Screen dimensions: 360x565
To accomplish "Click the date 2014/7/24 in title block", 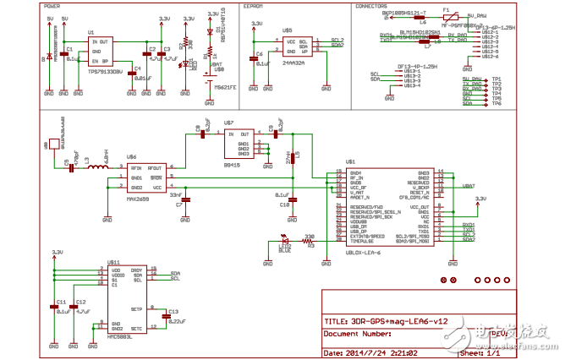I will [x=376, y=353].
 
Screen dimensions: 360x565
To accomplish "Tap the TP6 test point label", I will [x=497, y=102].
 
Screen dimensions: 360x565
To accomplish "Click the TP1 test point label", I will [x=497, y=79].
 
